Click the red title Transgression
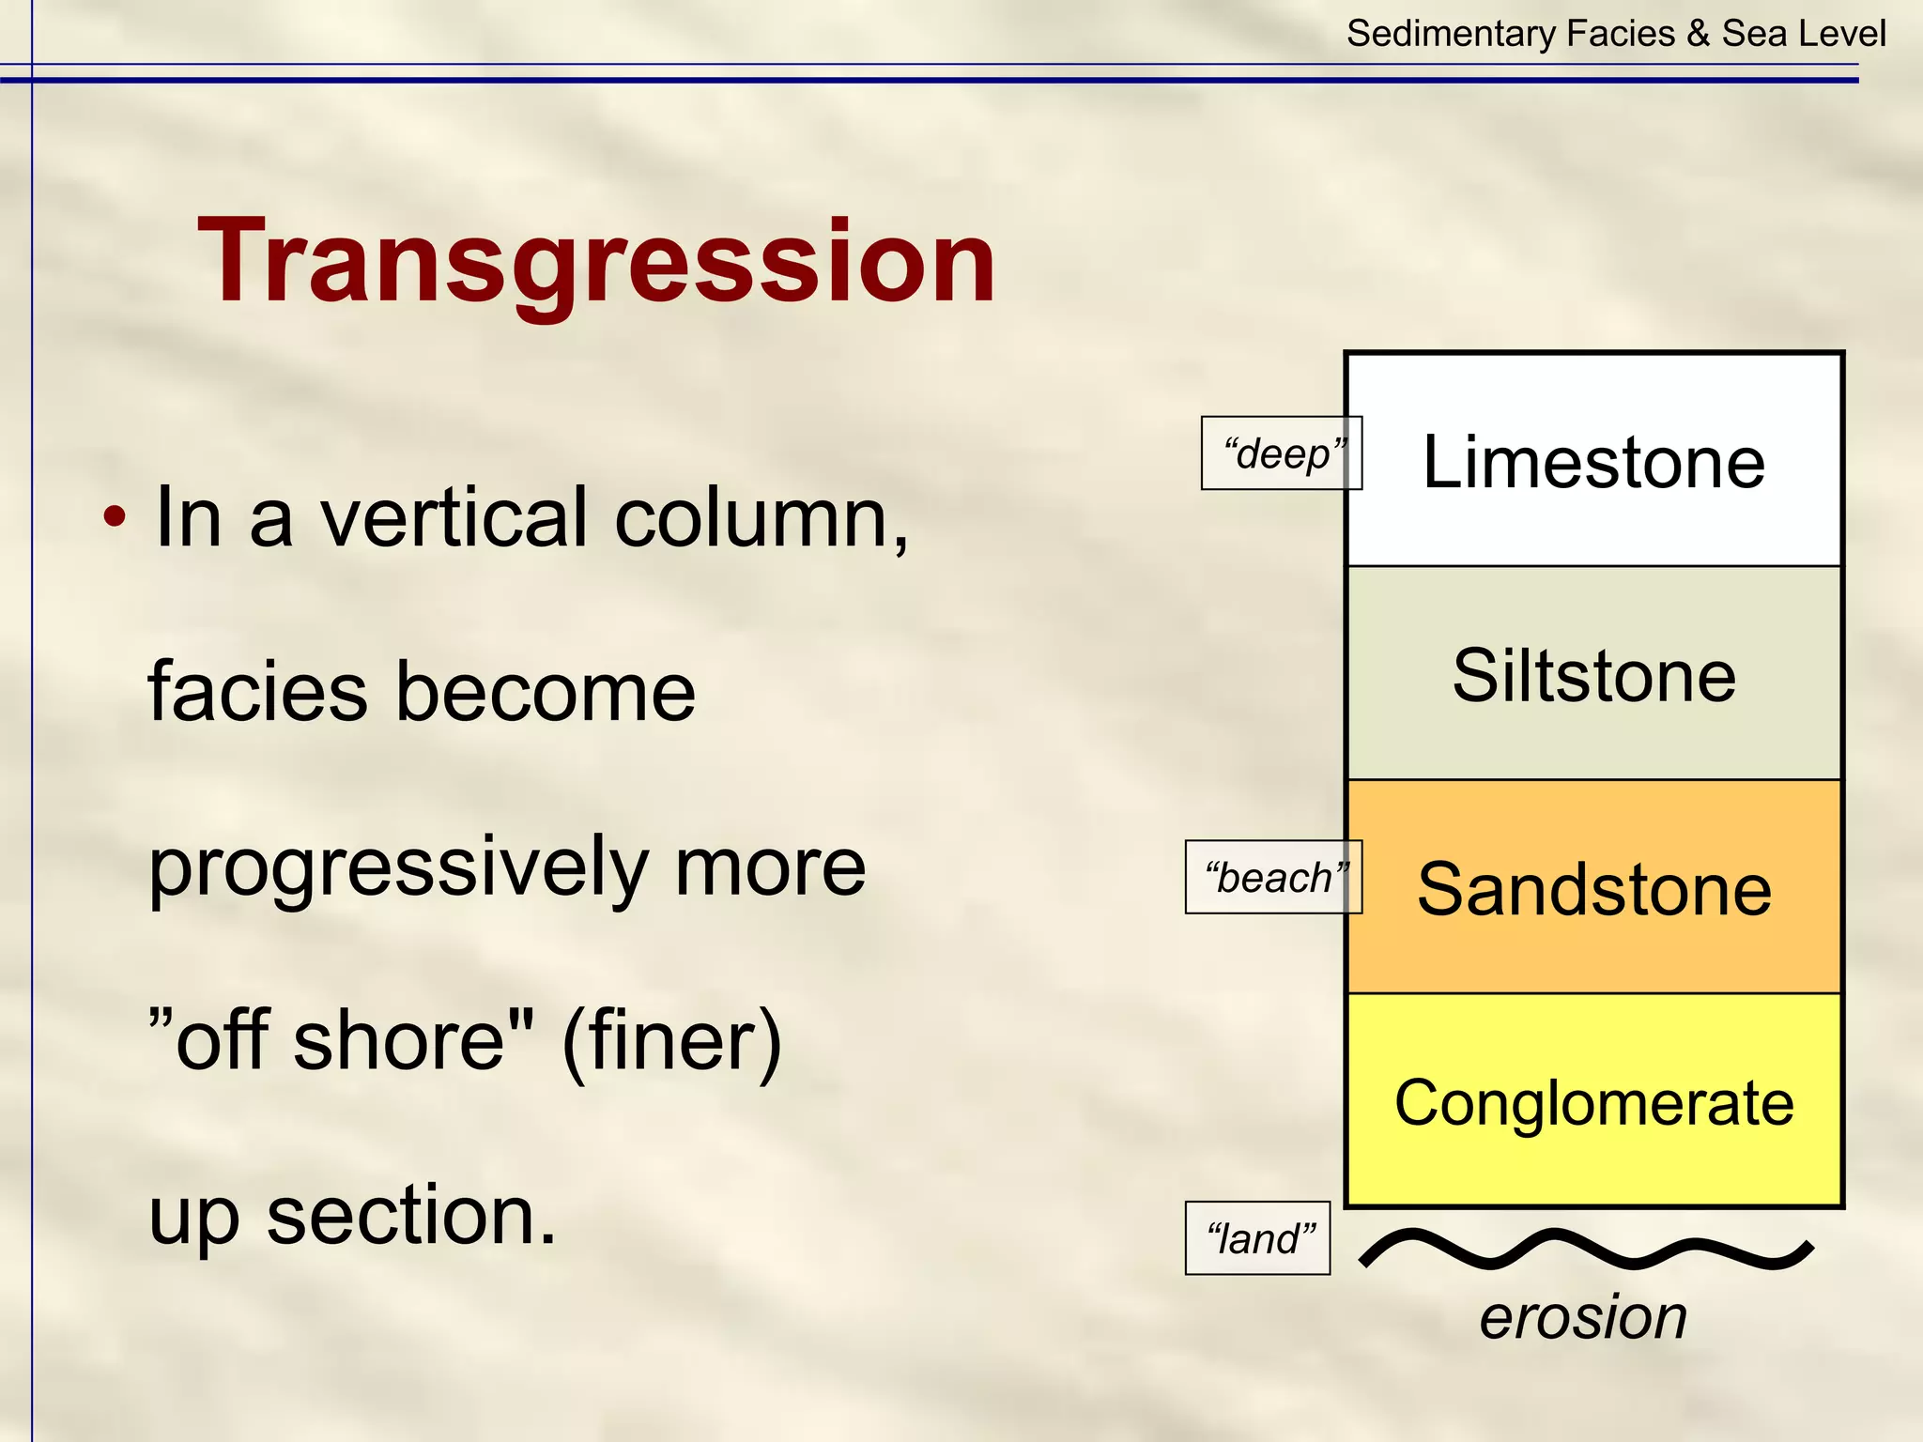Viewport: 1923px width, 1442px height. pyautogui.click(x=596, y=261)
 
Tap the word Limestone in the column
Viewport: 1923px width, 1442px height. pyautogui.click(x=1593, y=462)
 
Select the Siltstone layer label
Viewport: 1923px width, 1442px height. pyautogui.click(x=1593, y=675)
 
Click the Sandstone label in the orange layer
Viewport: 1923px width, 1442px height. pyautogui.click(x=1593, y=888)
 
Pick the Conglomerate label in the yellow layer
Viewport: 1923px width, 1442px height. pyautogui.click(x=1593, y=1102)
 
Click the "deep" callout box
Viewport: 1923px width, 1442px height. pyautogui.click(x=1281, y=453)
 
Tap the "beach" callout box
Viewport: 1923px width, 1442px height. pyautogui.click(x=1273, y=878)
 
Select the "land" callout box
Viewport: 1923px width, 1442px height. pyautogui.click(x=1257, y=1238)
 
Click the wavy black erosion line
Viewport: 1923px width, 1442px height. pyautogui.click(x=1587, y=1250)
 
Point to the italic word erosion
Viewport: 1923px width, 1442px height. pyautogui.click(x=1583, y=1316)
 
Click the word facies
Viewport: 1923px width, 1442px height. pyautogui.click(x=257, y=692)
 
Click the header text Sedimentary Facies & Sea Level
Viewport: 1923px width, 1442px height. pyautogui.click(x=1615, y=34)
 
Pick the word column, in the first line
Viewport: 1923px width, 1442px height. pyautogui.click(x=762, y=517)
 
